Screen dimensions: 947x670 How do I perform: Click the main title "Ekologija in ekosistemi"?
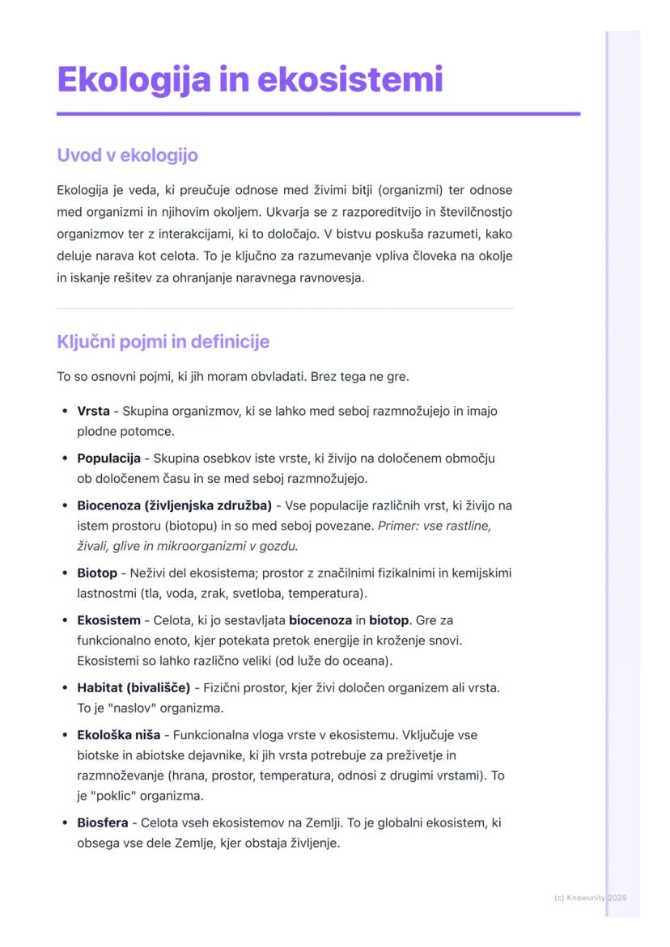(250, 79)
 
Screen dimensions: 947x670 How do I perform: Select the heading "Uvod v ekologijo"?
(127, 154)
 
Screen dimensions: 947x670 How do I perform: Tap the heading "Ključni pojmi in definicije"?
(163, 341)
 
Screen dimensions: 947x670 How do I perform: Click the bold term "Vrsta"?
(93, 411)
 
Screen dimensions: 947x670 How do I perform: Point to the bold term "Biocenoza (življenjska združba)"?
(174, 506)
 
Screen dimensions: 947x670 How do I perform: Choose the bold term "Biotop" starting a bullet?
(97, 573)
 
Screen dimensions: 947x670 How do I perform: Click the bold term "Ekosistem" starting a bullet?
(108, 621)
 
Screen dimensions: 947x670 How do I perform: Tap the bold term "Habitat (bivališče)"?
(134, 688)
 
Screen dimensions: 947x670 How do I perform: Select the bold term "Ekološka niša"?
(118, 736)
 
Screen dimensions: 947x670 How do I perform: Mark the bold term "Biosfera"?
(102, 823)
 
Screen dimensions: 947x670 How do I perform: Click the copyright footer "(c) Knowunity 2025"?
(591, 898)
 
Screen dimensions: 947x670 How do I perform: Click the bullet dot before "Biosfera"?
(64, 823)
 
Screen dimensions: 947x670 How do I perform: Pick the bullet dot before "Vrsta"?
(64, 411)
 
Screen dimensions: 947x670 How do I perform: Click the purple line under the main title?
(318, 114)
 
